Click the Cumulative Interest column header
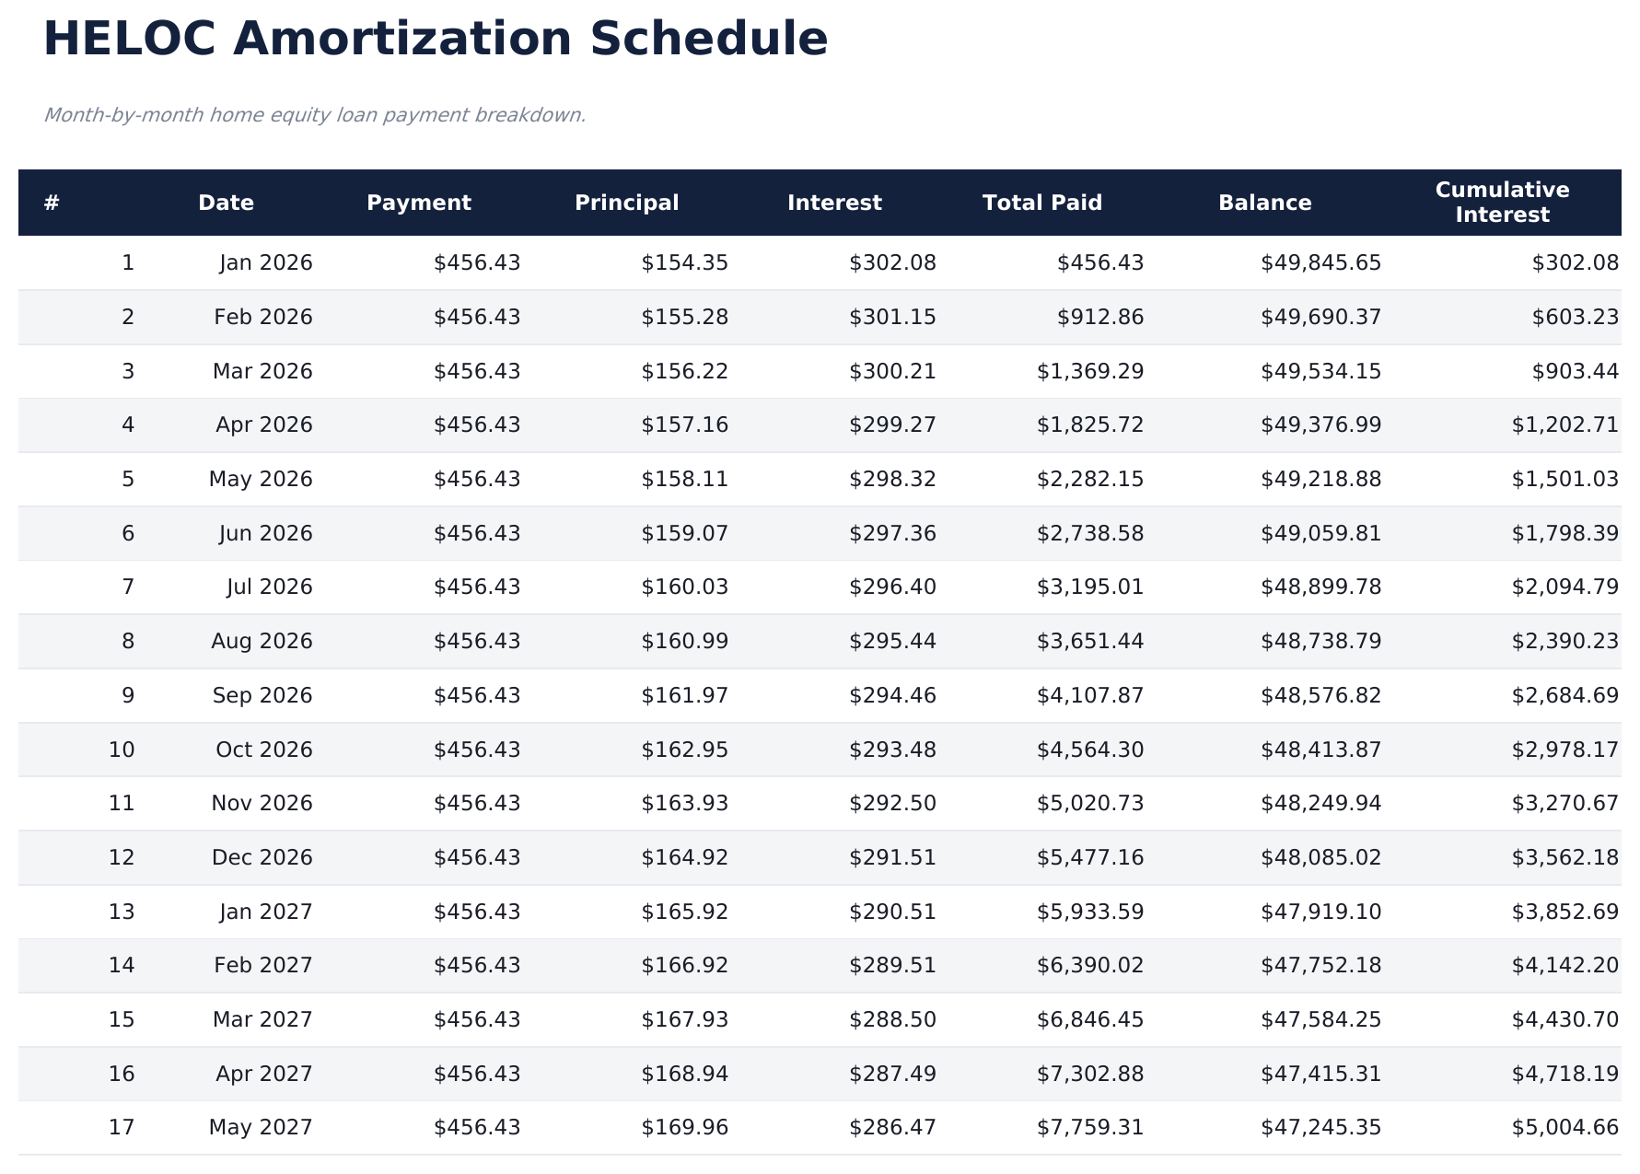tap(1502, 203)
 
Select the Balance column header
tap(1264, 203)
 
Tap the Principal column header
tap(626, 203)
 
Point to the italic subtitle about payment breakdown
tap(315, 115)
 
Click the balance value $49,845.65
tap(1320, 263)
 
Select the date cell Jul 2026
tap(269, 587)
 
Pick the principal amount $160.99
tap(684, 642)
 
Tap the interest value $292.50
tap(892, 804)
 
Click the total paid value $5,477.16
tap(1090, 858)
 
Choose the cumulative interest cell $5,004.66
tap(1564, 1128)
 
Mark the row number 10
tap(122, 750)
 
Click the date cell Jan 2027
tap(266, 912)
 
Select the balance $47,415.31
tap(1320, 1075)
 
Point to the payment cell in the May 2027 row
tap(477, 1128)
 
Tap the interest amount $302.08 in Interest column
tap(892, 263)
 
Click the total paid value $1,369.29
tap(1090, 371)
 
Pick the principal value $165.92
tap(684, 912)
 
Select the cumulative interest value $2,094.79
tap(1564, 587)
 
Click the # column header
tap(52, 203)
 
